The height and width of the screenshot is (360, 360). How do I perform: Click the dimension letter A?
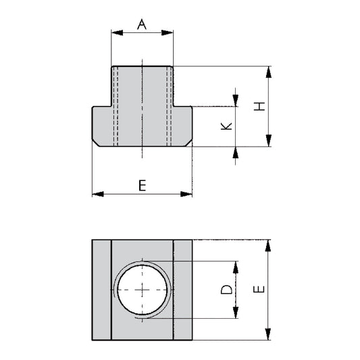pyautogui.click(x=142, y=24)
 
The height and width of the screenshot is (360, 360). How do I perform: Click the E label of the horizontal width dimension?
pyautogui.click(x=142, y=185)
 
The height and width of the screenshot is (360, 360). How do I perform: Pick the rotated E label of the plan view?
pyautogui.click(x=259, y=289)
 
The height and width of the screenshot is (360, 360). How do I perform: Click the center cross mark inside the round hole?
pyautogui.click(x=143, y=289)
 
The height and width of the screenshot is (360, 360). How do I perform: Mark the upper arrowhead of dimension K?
pyautogui.click(x=235, y=101)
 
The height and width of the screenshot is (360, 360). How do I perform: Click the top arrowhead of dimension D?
pyautogui.click(x=235, y=265)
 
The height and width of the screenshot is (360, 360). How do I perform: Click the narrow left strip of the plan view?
pyautogui.click(x=101, y=289)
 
